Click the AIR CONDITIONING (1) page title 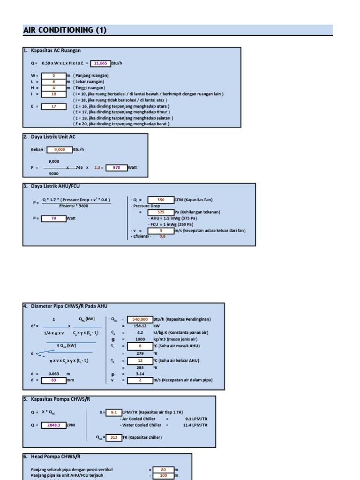click(x=65, y=30)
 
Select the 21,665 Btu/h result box click(x=100, y=63)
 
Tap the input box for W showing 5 click(x=53, y=75)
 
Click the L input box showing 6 click(x=53, y=82)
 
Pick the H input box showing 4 click(x=53, y=88)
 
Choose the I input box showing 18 click(x=53, y=94)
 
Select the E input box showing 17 click(x=53, y=106)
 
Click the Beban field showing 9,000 click(x=60, y=150)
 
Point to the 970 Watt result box click(x=116, y=167)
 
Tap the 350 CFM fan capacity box click(x=161, y=200)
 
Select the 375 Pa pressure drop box click(x=161, y=212)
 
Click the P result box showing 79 click(x=53, y=218)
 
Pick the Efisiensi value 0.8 click(x=163, y=236)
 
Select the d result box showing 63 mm click(x=53, y=380)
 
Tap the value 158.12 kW click(x=140, y=325)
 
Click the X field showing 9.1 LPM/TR click(x=113, y=412)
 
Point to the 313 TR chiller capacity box click(x=113, y=437)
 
